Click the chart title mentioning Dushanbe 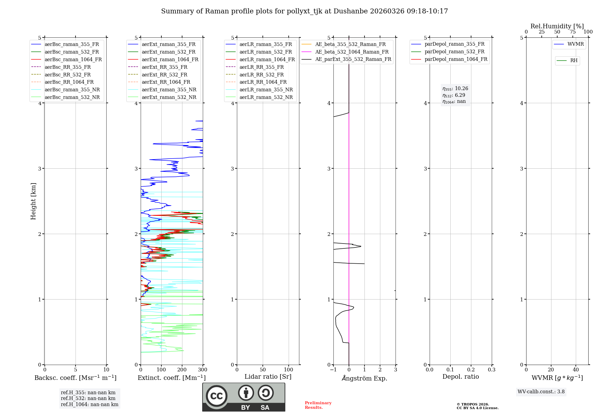(304, 11)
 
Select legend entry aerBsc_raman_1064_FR (73, 59)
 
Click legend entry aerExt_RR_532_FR (164, 75)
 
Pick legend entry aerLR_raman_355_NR (266, 89)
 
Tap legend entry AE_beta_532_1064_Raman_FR (352, 52)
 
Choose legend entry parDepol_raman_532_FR (454, 52)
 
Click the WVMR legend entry (576, 44)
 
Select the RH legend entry (574, 61)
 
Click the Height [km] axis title (33, 201)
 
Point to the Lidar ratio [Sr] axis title (268, 377)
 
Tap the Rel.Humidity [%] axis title (557, 26)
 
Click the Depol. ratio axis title (460, 377)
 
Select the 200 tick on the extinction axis (182, 370)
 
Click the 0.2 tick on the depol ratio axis (471, 370)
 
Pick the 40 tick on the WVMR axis (576, 370)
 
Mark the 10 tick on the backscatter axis (106, 370)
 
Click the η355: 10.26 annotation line (455, 89)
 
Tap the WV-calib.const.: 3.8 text (541, 392)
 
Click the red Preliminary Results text (318, 405)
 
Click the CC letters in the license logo (216, 396)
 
